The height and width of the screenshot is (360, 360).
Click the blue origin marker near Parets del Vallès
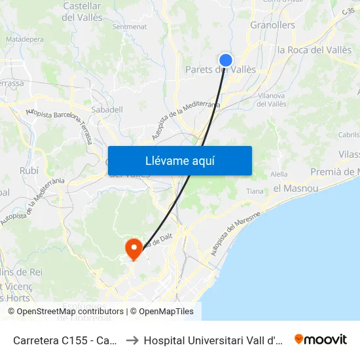pyautogui.click(x=225, y=60)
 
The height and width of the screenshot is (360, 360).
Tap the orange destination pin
pyautogui.click(x=134, y=248)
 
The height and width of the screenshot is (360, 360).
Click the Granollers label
pyautogui.click(x=272, y=26)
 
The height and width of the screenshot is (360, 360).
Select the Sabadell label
pyautogui.click(x=107, y=110)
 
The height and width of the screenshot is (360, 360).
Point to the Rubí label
pyautogui.click(x=30, y=171)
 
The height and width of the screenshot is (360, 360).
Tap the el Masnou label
pyautogui.click(x=295, y=189)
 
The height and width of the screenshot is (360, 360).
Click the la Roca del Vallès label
pyautogui.click(x=314, y=50)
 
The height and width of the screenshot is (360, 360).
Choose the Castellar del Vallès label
pyautogui.click(x=82, y=12)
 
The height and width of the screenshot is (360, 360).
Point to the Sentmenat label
pyautogui.click(x=130, y=27)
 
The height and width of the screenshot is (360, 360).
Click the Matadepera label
pyautogui.click(x=24, y=39)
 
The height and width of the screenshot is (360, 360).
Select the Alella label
pyautogui.click(x=279, y=175)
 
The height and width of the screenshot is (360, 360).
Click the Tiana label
pyautogui.click(x=255, y=191)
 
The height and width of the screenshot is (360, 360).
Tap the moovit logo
pyautogui.click(x=321, y=339)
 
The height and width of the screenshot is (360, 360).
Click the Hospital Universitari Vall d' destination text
pyautogui.click(x=212, y=340)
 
